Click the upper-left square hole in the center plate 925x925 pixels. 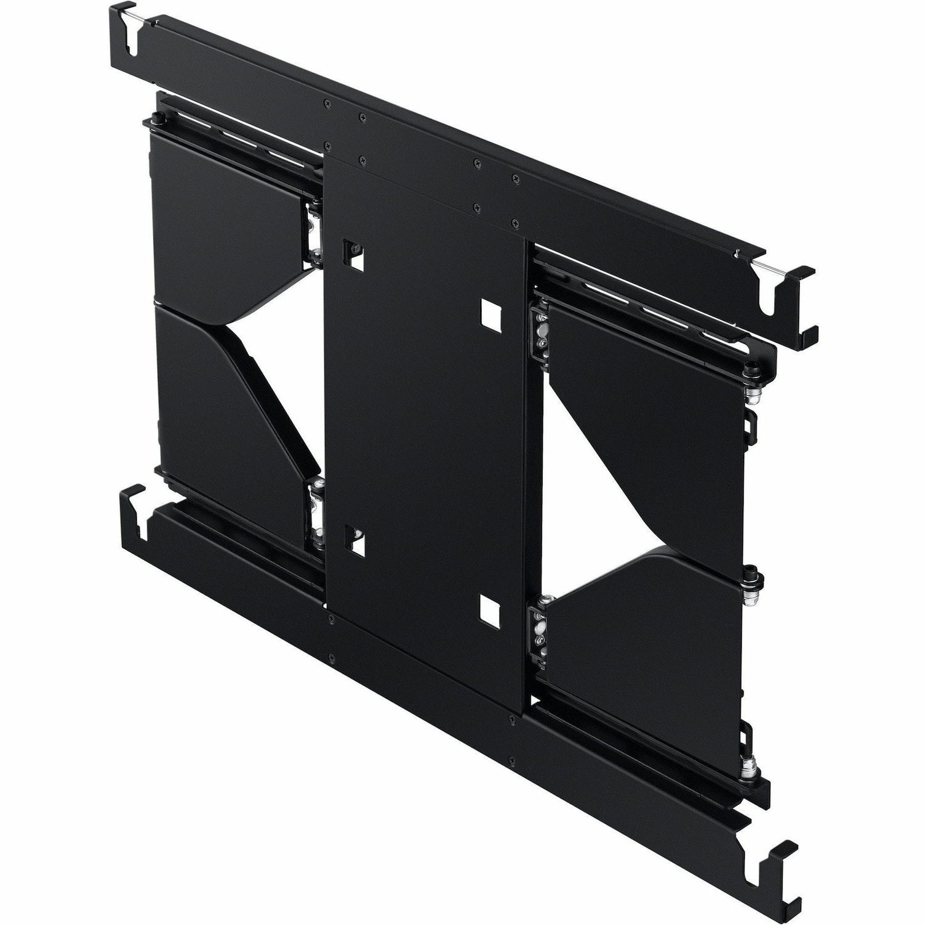point(353,253)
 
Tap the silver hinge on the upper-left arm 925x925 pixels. point(316,231)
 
